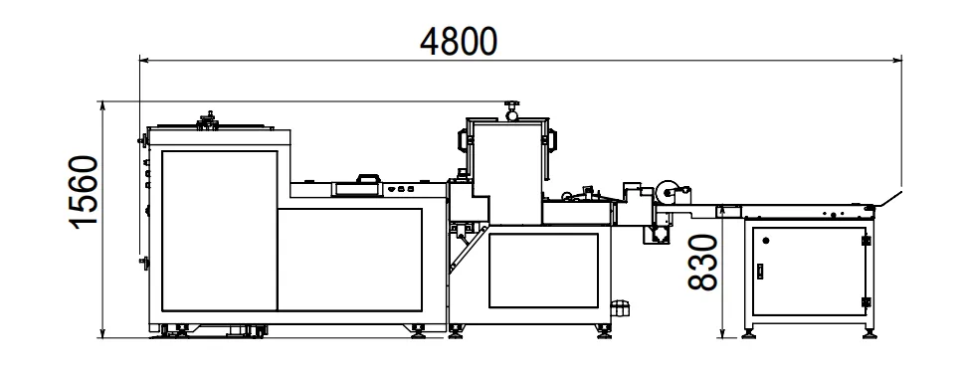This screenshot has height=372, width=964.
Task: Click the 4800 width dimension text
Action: tap(459, 41)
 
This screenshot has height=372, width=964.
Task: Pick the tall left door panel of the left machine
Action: tap(220, 228)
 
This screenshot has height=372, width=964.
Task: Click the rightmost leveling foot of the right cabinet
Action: tap(873, 334)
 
